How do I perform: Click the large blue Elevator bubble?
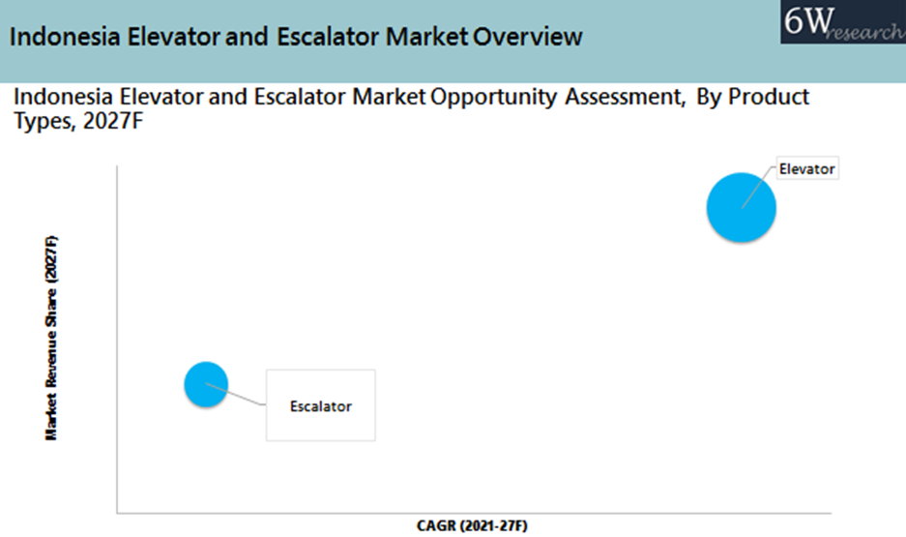click(x=741, y=206)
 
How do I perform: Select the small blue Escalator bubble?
click(x=205, y=384)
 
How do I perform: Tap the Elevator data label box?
click(x=806, y=169)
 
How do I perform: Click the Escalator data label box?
click(x=320, y=405)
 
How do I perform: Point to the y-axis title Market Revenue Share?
click(x=52, y=338)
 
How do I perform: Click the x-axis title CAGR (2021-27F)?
click(x=473, y=525)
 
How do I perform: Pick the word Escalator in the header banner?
click(x=327, y=37)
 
